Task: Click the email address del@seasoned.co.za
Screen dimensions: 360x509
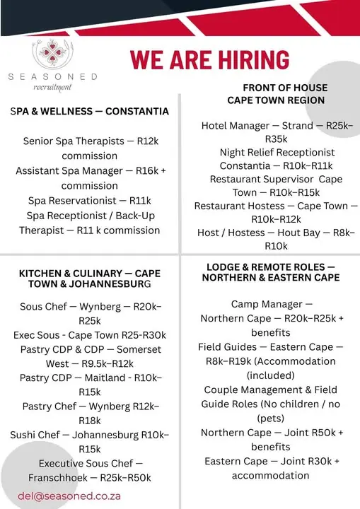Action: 69,496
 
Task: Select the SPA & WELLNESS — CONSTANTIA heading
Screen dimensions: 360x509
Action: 90,111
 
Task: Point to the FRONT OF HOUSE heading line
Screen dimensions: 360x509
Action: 276,88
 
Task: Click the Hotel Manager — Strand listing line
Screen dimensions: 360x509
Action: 277,126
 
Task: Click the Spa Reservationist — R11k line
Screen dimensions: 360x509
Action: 90,201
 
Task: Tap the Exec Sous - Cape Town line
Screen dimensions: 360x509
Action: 90,335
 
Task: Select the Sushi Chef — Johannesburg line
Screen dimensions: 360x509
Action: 90,434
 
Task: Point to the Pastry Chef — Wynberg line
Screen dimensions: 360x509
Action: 90,406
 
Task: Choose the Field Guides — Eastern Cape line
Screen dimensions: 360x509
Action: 271,347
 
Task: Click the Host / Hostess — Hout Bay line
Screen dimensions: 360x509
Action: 277,232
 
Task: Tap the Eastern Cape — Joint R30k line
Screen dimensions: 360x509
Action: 272,461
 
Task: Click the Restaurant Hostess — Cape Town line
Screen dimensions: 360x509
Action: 272,206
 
